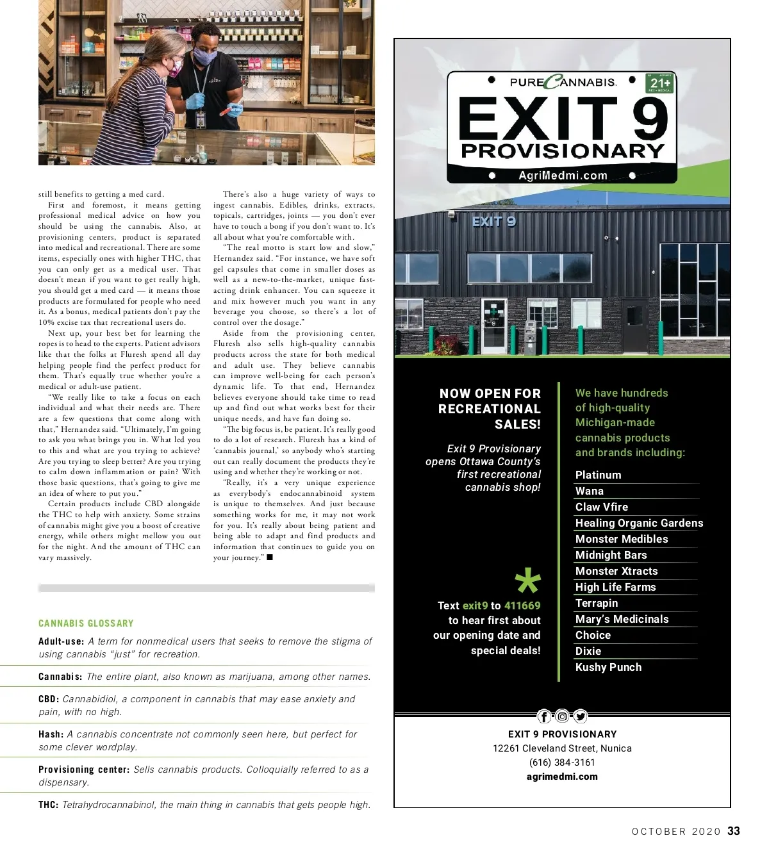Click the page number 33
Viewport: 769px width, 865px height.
[x=734, y=831]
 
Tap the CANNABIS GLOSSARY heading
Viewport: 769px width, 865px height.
[x=86, y=623]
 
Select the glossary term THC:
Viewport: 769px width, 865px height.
[x=49, y=805]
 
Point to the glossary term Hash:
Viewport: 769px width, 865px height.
[x=51, y=734]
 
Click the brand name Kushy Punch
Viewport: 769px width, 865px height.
[x=608, y=667]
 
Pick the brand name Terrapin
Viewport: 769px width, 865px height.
[x=597, y=603]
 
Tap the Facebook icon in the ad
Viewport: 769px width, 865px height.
[x=544, y=716]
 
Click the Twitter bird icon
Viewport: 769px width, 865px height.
[x=580, y=716]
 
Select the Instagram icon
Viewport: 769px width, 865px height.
[x=562, y=716]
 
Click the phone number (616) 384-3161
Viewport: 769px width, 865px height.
[x=562, y=762]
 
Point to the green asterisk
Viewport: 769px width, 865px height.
[x=528, y=582]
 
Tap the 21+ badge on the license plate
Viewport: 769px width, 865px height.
[x=660, y=83]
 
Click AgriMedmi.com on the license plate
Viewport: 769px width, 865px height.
[x=562, y=176]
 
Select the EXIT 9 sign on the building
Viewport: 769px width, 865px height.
[x=493, y=222]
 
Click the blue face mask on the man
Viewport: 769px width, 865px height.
[x=204, y=57]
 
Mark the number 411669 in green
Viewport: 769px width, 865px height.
[x=522, y=605]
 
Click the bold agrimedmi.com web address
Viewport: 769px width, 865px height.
[x=562, y=777]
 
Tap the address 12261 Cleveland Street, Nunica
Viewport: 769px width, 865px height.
[x=562, y=748]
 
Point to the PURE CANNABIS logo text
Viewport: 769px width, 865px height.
[x=562, y=82]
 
